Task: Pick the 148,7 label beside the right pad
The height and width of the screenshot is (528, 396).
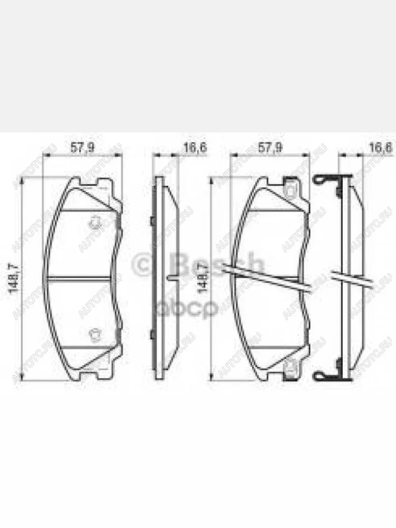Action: point(203,277)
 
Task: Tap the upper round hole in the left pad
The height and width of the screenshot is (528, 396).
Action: point(94,223)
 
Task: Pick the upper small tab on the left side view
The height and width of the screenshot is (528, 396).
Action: point(151,220)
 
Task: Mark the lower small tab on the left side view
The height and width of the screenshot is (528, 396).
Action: point(151,335)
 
